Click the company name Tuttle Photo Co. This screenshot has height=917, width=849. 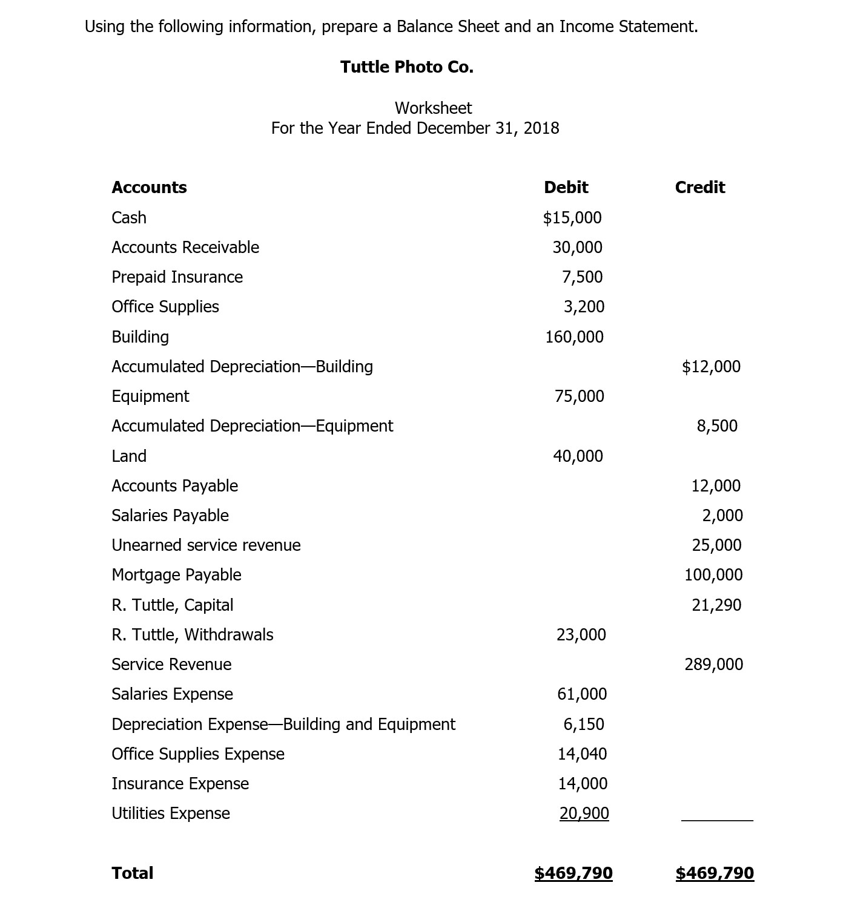pos(406,67)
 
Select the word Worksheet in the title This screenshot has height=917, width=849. pos(433,108)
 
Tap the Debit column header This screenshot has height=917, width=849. pos(566,188)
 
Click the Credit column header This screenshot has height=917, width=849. pos(699,188)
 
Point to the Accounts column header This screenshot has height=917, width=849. pos(149,188)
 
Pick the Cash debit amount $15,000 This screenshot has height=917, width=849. pos(572,218)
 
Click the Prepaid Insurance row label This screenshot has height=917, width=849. pos(177,277)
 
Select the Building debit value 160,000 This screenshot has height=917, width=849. pos(574,337)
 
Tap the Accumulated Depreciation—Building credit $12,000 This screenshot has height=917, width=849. pos(711,367)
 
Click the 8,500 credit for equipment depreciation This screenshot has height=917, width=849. pos(717,426)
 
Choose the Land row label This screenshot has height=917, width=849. pos(129,456)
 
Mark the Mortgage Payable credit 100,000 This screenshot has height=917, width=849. pos(713,575)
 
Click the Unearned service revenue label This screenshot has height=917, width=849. pos(206,545)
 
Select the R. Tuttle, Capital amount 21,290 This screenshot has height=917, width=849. pos(716,605)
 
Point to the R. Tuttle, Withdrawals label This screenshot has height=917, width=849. pos(192,635)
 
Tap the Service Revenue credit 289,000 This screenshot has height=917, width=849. pos(713,665)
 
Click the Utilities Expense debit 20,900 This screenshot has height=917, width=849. pos(584,813)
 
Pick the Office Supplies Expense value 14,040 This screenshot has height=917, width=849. pos(582,754)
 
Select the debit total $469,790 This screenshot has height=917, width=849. pos(573,873)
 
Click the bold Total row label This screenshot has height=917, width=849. pos(132,873)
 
